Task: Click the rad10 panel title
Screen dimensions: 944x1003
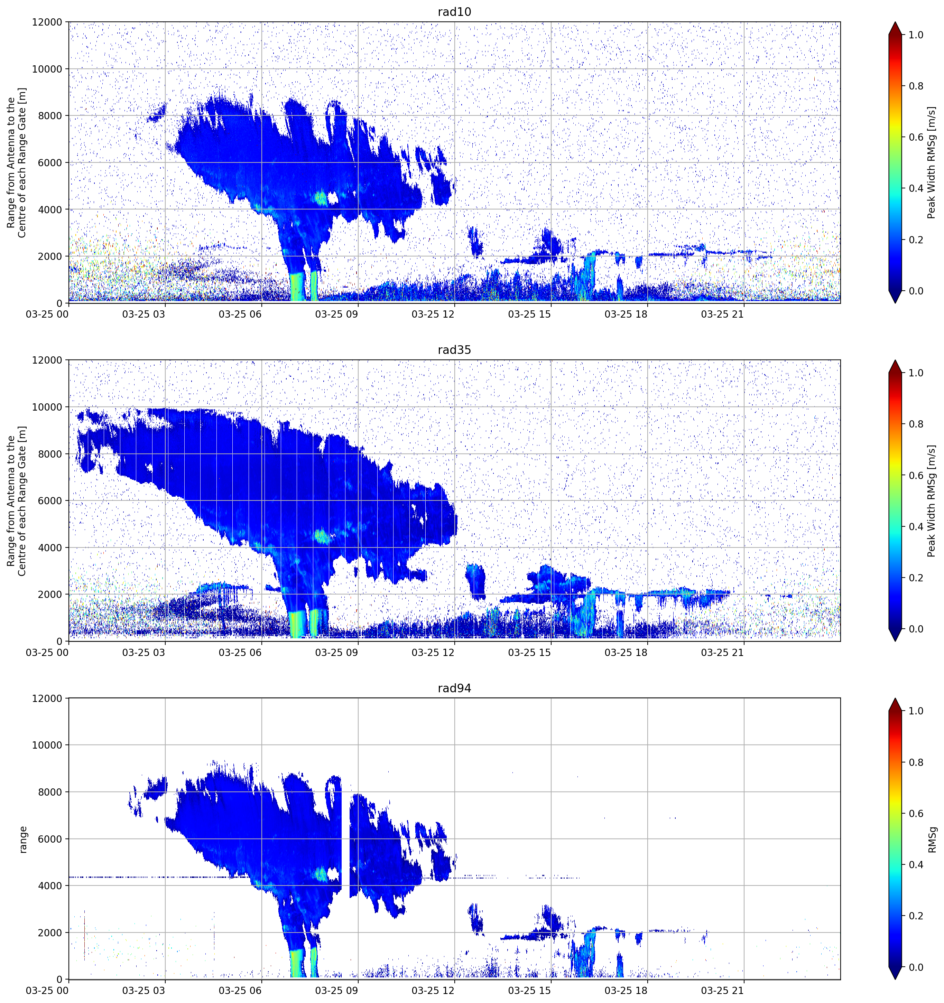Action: [x=454, y=12]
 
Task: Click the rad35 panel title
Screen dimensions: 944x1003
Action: [x=454, y=350]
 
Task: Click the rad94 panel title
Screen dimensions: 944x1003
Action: [x=454, y=688]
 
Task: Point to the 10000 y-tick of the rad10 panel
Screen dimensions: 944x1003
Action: [x=47, y=69]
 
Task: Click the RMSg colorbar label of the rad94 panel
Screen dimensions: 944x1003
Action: [x=932, y=839]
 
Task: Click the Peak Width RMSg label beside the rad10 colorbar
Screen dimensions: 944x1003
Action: [x=932, y=162]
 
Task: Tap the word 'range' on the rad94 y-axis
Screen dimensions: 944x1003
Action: [x=23, y=839]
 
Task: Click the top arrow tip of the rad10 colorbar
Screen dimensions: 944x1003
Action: [x=895, y=22]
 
